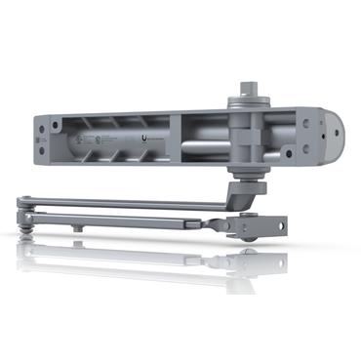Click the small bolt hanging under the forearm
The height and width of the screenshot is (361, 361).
pos(77,227)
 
